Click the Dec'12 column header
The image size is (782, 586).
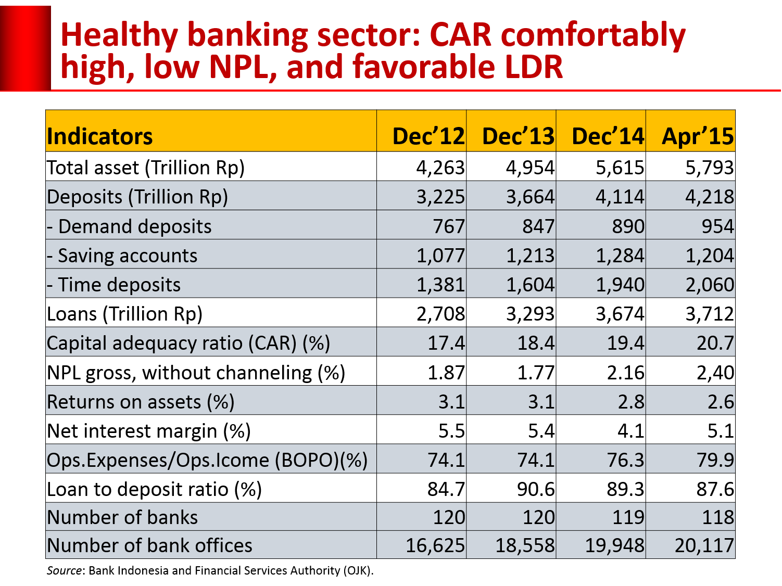(428, 136)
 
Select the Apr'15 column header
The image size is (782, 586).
(698, 136)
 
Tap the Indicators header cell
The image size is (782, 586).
(100, 136)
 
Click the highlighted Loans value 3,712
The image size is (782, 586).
(709, 314)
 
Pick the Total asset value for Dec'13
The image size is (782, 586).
(530, 168)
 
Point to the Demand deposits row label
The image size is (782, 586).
(129, 226)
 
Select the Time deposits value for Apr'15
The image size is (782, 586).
(709, 285)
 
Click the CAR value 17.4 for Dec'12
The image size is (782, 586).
(446, 343)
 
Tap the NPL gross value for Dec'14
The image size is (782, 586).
(625, 373)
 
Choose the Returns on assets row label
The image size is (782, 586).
(141, 402)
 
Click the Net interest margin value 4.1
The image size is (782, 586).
(630, 431)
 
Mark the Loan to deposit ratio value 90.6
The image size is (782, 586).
(536, 489)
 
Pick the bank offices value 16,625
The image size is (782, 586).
(435, 545)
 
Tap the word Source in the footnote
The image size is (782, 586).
(64, 570)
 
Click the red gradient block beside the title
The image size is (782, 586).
(26, 48)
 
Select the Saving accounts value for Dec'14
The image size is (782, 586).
(620, 256)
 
